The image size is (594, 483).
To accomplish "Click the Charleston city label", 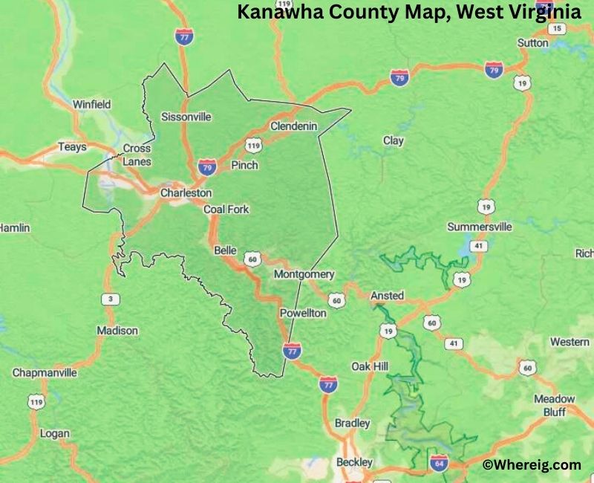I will [x=186, y=192].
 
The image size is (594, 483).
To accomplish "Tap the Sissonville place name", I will [x=186, y=117].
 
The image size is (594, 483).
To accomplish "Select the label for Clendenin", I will [x=293, y=126].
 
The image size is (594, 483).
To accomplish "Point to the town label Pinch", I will [x=244, y=165].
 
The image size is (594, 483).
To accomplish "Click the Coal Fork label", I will [x=226, y=210].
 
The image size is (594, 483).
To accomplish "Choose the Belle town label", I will [x=225, y=250].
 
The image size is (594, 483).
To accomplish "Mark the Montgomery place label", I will [x=304, y=274].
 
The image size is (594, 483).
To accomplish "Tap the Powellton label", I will [x=302, y=314].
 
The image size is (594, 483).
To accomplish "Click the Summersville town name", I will [x=479, y=227].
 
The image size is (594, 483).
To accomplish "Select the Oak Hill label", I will [x=370, y=367].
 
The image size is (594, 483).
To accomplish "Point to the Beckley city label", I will [x=354, y=462].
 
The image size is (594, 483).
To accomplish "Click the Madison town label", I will [x=117, y=330].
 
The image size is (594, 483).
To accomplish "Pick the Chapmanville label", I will [x=44, y=372].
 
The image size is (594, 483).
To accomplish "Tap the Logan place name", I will [x=54, y=433].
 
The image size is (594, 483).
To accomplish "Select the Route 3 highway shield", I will [x=111, y=299].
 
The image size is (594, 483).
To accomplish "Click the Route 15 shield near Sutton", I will [x=557, y=28].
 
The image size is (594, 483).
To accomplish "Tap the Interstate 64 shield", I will [x=439, y=464].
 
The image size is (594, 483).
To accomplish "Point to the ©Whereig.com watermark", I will [x=532, y=464].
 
